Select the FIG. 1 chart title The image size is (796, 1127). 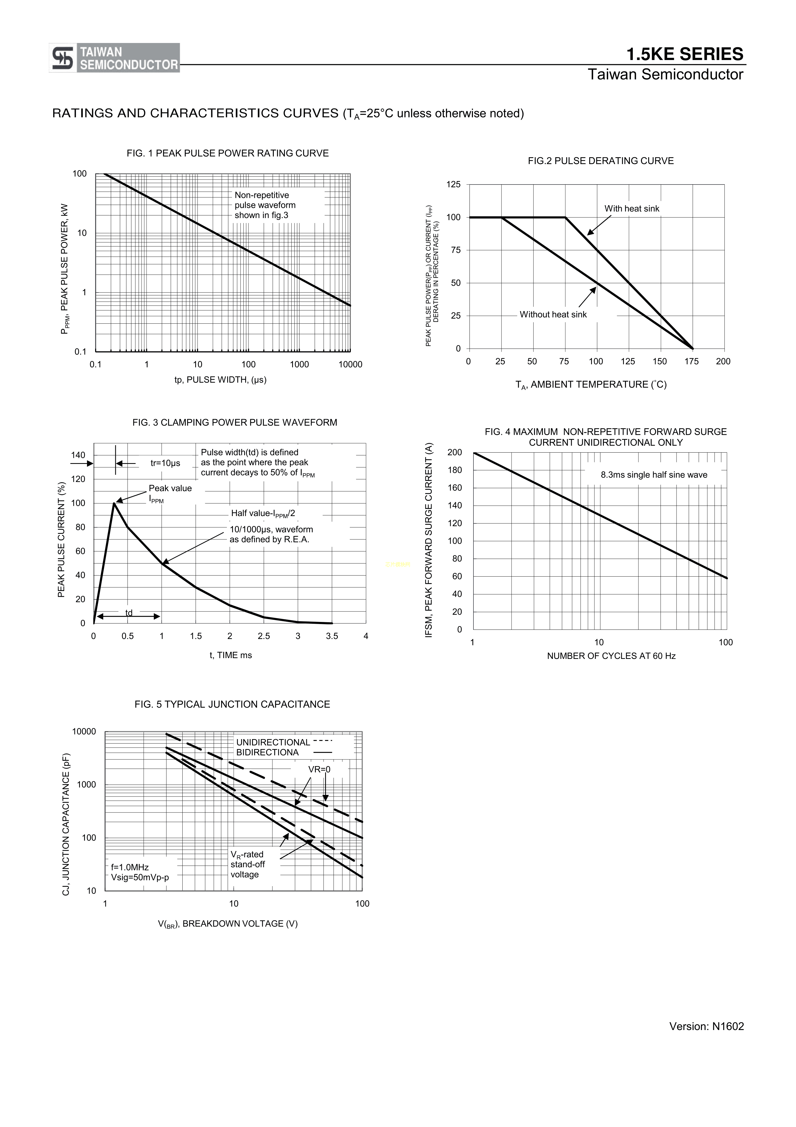tap(228, 153)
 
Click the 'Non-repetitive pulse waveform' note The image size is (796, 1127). tap(265, 205)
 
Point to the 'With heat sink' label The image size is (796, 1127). tap(632, 209)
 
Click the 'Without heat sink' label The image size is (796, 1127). tap(553, 315)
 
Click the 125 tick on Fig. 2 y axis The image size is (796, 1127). tap(454, 185)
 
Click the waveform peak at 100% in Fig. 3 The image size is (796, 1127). tap(114, 503)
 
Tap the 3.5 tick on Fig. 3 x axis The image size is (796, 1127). tap(332, 636)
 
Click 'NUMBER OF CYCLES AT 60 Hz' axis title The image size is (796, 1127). tap(611, 656)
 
